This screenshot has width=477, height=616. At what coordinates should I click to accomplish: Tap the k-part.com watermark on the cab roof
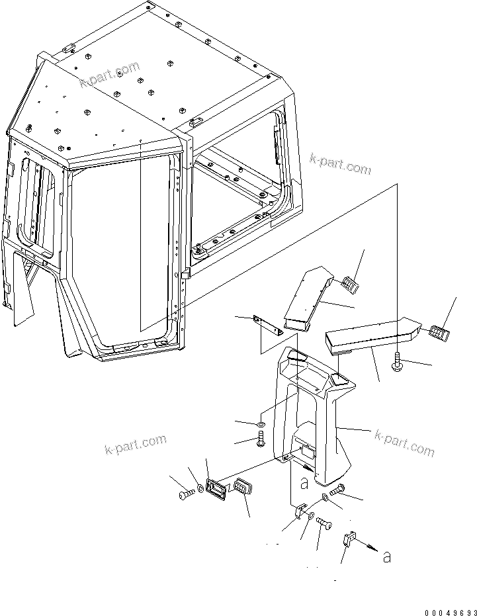pyautogui.click(x=110, y=74)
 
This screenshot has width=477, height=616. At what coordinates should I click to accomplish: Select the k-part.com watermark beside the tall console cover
pyautogui.click(x=404, y=443)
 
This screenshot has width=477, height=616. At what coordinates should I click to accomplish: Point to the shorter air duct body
pyautogui.click(x=307, y=298)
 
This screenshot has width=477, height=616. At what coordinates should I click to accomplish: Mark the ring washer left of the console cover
pyautogui.click(x=261, y=423)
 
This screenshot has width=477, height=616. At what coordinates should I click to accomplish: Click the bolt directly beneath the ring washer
pyautogui.click(x=261, y=438)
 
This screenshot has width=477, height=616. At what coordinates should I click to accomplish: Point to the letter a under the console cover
pyautogui.click(x=304, y=483)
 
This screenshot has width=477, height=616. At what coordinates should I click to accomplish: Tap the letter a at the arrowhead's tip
pyautogui.click(x=386, y=558)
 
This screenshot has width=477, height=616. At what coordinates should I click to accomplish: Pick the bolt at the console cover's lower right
pyautogui.click(x=337, y=490)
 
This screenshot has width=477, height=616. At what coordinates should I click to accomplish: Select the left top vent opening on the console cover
pyautogui.click(x=296, y=357)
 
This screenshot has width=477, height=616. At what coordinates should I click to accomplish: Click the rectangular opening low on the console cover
pyautogui.click(x=308, y=453)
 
